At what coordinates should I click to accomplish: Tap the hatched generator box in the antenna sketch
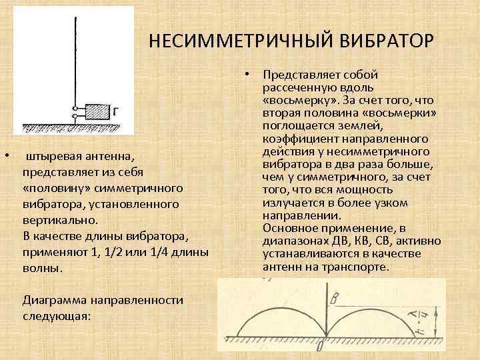point(97,111)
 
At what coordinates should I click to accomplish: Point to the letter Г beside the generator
point(116,111)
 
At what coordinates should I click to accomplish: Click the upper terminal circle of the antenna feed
point(75,107)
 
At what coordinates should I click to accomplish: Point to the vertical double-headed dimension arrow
point(435,319)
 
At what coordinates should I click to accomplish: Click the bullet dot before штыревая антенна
point(6,156)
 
